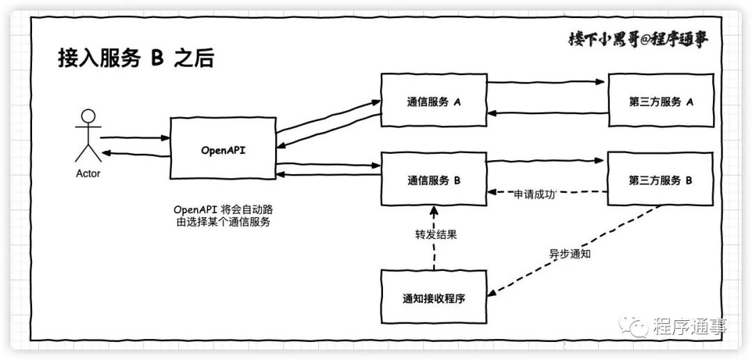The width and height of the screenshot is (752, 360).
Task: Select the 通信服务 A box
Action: (x=433, y=101)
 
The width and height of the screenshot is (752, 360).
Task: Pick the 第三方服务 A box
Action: (x=660, y=101)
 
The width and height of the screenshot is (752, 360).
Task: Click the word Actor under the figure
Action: (x=88, y=173)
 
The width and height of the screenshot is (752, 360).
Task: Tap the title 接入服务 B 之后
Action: (x=135, y=58)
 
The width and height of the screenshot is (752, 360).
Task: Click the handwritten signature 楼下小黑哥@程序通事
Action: (x=638, y=40)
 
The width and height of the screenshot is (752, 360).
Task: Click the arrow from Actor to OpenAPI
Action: (x=135, y=138)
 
